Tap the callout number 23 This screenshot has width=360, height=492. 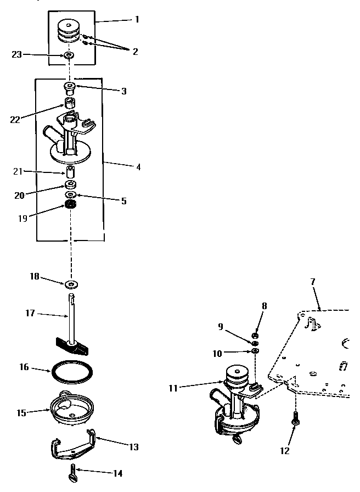tap(17, 54)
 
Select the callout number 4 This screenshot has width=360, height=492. tap(138, 166)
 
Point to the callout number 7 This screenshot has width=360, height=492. tap(313, 282)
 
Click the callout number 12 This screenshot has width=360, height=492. tap(284, 451)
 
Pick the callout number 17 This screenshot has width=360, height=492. tap(30, 313)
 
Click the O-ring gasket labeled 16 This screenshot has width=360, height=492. tap(71, 372)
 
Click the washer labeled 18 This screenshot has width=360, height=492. tap(71, 284)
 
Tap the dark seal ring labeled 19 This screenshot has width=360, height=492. tap(70, 205)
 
